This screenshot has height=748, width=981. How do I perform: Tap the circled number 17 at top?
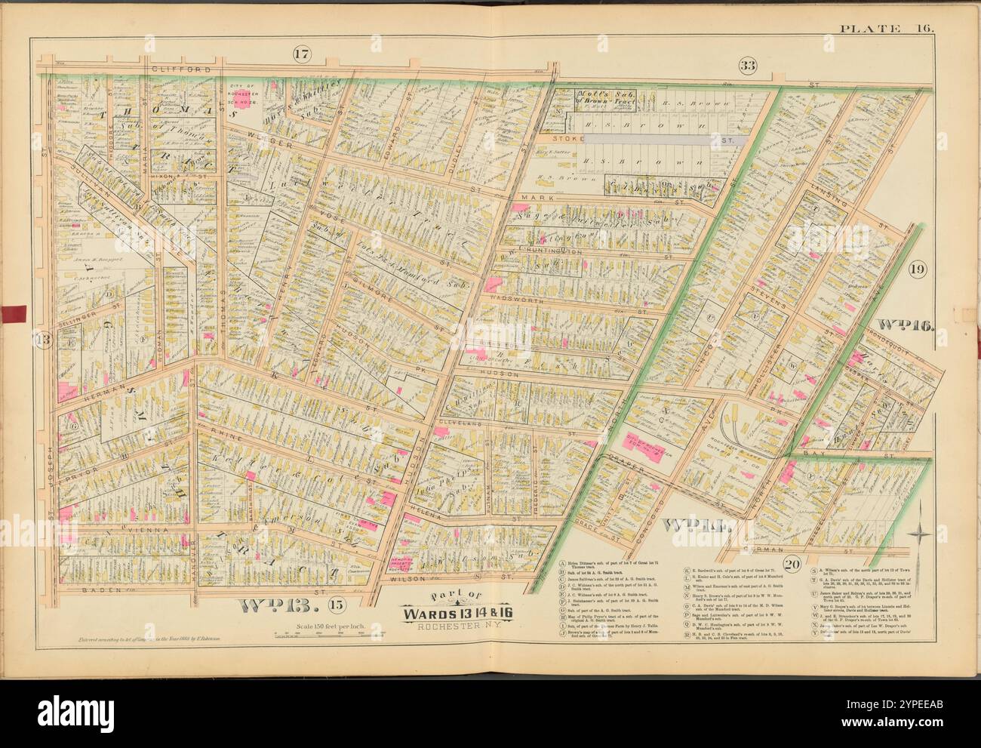click(x=302, y=54)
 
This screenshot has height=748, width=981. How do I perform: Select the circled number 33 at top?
click(x=747, y=66)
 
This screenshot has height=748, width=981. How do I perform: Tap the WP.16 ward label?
click(x=906, y=327)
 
